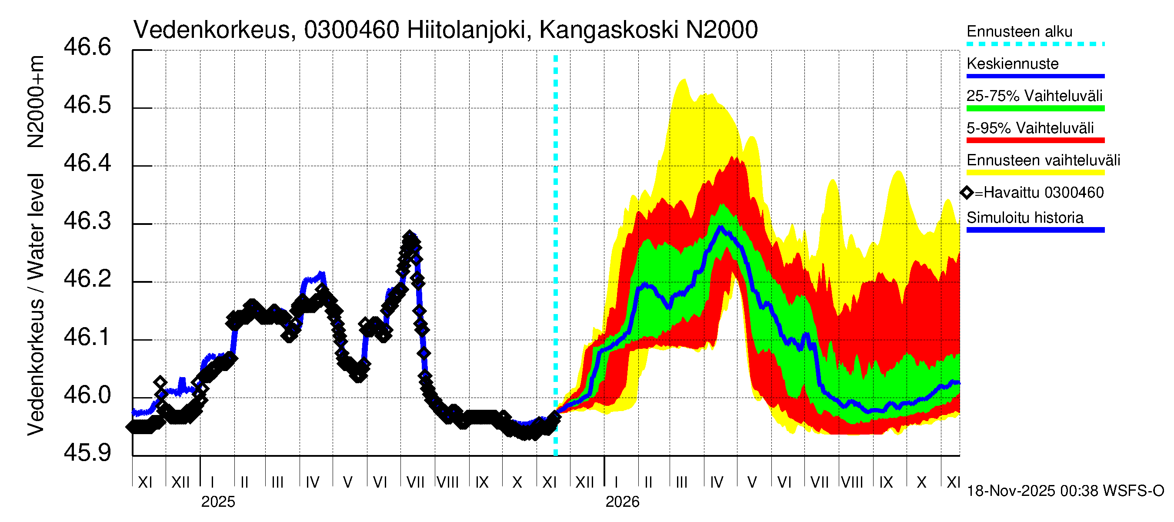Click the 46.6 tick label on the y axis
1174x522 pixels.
pos(87,47)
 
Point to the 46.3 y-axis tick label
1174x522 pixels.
pos(87,221)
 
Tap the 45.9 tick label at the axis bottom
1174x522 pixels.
pos(87,453)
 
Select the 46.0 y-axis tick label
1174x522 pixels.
pos(87,395)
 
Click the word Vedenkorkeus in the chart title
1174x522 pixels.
pos(211,30)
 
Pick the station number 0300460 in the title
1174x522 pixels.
pos(351,30)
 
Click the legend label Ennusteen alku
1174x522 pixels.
pos(1019,31)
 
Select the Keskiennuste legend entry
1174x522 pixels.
pos(1012,64)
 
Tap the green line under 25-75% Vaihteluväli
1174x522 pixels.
pos(1035,108)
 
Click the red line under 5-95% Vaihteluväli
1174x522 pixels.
pos(1035,141)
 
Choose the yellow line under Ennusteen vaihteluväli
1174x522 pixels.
pos(1035,173)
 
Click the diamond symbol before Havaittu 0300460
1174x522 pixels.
pos(967,193)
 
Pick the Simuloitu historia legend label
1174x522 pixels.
pos(1024,218)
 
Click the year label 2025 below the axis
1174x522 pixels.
pos(218,502)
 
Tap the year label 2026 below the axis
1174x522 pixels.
pos(622,502)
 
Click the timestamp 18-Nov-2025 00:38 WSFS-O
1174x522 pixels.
pos(1065,491)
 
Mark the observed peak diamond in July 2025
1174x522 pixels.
pos(409,237)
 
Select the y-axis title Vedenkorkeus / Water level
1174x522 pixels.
pos(36,304)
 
